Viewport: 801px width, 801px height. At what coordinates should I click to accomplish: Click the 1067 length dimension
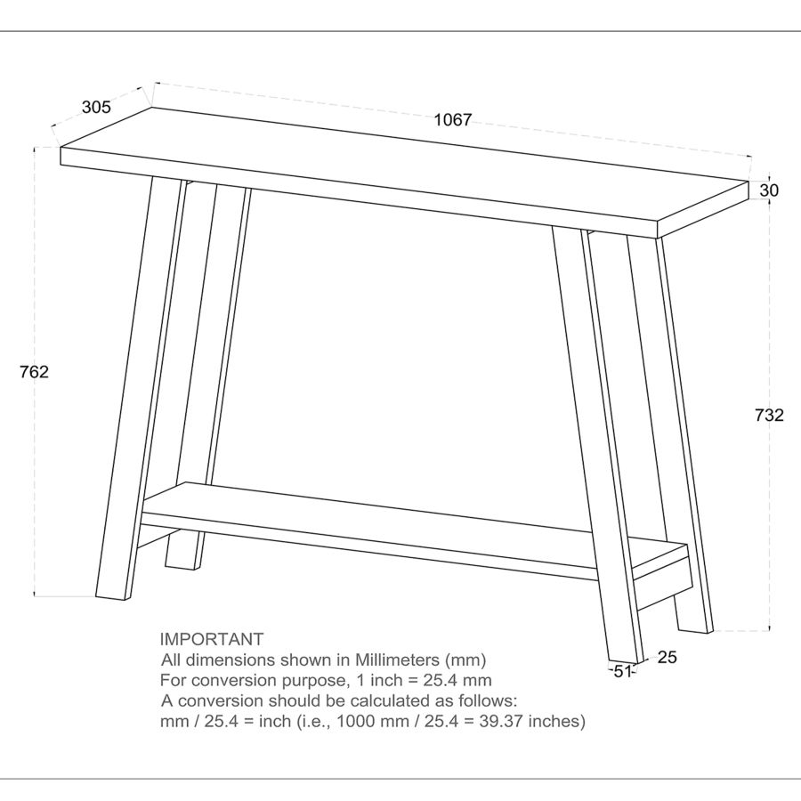(452, 120)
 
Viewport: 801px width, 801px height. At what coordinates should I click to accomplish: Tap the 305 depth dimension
(96, 108)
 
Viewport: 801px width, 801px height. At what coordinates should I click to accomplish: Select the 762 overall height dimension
(34, 372)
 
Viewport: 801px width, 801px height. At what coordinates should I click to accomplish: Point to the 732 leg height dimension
(769, 415)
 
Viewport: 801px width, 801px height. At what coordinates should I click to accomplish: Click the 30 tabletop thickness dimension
(770, 190)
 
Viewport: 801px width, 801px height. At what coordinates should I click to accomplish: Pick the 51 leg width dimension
(623, 672)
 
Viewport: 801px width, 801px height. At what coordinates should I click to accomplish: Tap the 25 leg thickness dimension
(667, 658)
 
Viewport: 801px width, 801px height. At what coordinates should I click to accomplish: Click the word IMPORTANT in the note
(212, 639)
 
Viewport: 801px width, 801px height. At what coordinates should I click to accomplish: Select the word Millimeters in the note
(397, 660)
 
